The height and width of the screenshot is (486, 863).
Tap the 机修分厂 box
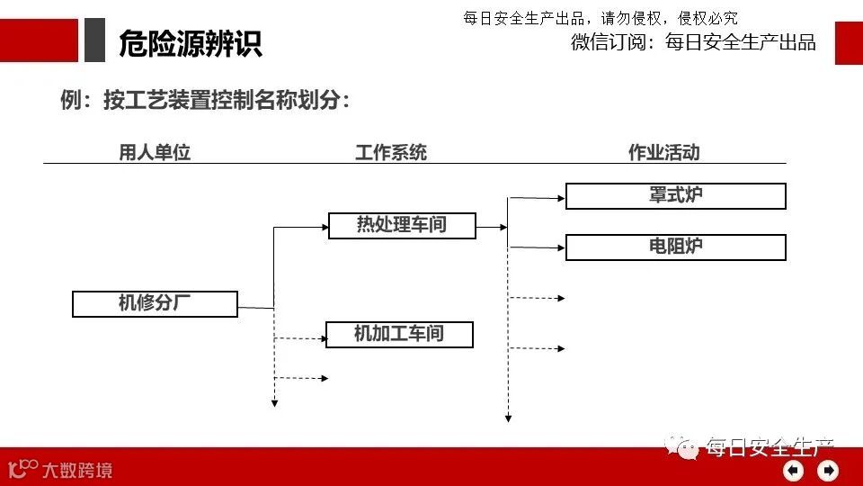155,304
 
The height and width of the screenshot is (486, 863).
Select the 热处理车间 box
401,225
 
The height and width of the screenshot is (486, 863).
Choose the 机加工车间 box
399,335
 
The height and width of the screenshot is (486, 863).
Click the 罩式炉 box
675,196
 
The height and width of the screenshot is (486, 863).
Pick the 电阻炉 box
675,247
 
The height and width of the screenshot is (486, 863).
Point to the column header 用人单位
155,153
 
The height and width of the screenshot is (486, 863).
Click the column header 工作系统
391,153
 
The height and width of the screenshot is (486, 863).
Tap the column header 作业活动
663,153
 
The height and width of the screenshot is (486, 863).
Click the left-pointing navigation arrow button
793,470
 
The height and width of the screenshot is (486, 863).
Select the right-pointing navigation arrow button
827,470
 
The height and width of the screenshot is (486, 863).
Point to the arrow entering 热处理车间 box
302,228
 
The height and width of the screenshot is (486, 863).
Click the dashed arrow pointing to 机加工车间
301,338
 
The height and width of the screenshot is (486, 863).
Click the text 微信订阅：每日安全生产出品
693,42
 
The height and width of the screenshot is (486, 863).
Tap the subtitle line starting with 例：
204,101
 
